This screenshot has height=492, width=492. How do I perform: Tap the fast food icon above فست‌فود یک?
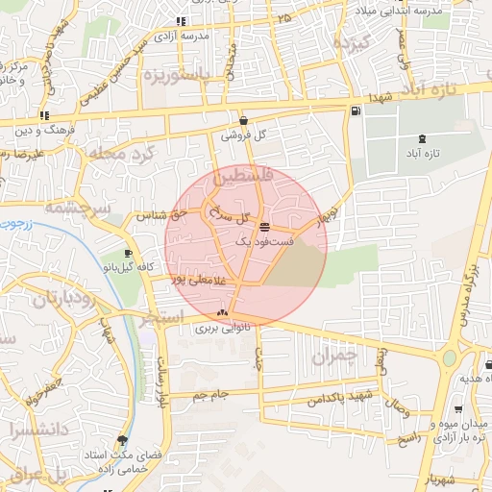coord(264,228)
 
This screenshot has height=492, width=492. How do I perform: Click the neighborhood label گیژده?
coord(350,44)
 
